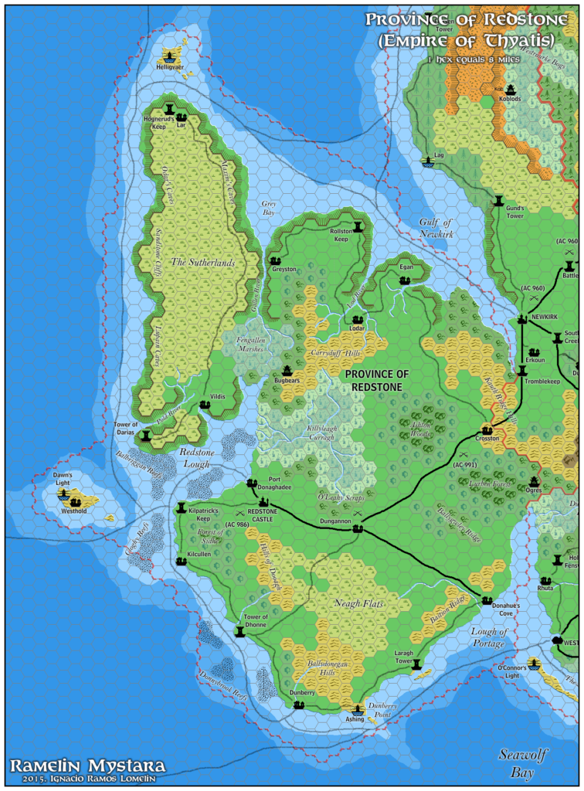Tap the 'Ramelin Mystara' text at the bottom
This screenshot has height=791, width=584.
[x=87, y=766]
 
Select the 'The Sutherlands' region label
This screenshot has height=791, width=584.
[x=202, y=263]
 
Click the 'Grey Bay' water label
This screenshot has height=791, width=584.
[x=268, y=207]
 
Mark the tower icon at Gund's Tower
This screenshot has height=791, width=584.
[x=498, y=202]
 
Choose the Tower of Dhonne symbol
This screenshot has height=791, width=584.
[x=240, y=632]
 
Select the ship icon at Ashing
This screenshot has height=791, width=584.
[x=358, y=709]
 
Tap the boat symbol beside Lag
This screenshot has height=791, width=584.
[x=427, y=161]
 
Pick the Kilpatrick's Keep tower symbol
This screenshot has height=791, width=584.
[x=182, y=508]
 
